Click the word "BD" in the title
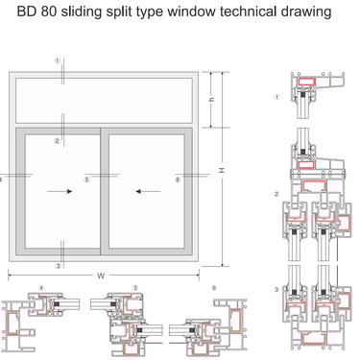point(26,12)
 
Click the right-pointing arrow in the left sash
point(60,191)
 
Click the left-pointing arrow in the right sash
point(148,191)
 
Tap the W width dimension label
point(101,276)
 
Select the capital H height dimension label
point(221,170)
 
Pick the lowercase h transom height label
point(211,100)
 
